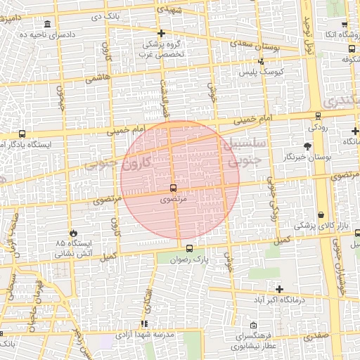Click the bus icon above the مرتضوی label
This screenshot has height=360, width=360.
tap(172, 188)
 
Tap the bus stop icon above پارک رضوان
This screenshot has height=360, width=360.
tap(188, 247)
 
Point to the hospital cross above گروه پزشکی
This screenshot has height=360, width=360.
tap(162, 34)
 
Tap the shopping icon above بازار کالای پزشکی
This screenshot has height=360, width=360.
tap(321, 215)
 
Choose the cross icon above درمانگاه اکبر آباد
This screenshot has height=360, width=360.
tap(279, 289)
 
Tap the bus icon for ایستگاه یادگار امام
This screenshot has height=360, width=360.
tap(22, 134)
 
